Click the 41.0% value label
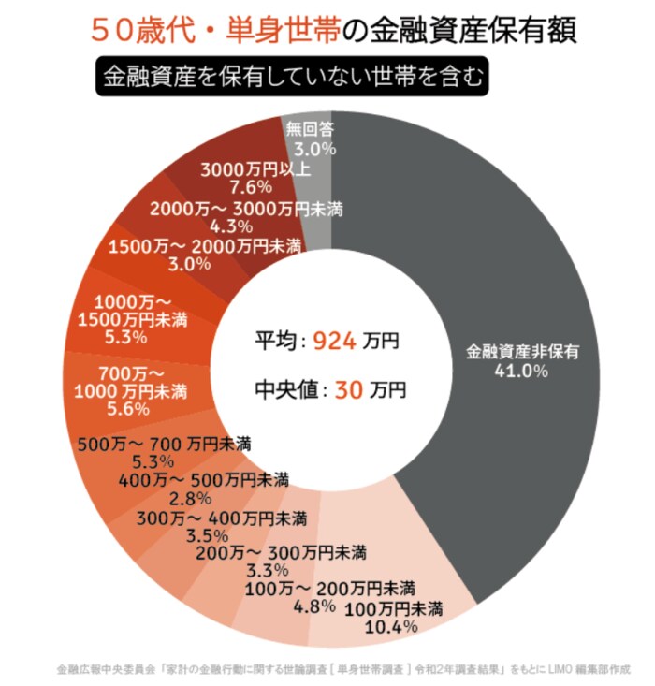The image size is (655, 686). pos(524,371)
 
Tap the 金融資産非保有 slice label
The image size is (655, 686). pos(524,353)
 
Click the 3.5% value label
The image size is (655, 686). pos(207,534)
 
